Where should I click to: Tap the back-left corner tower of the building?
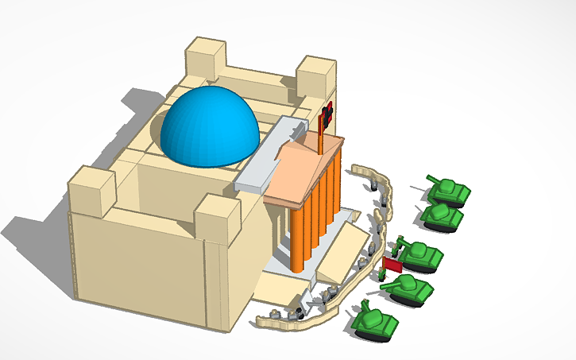[206, 58]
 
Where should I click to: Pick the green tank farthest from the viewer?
[447, 190]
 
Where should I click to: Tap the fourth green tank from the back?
[408, 288]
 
